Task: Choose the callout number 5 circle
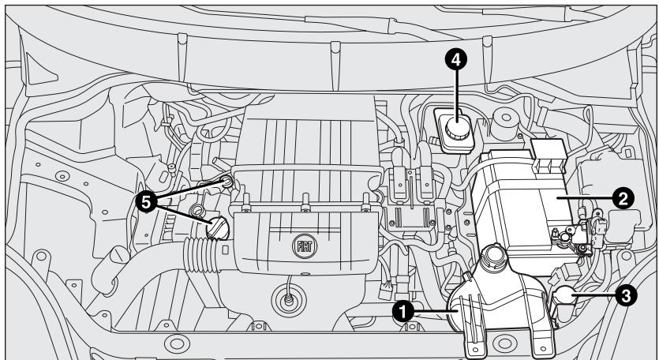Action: click(146, 201)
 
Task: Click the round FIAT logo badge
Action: click(305, 245)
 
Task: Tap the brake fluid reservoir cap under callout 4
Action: click(455, 129)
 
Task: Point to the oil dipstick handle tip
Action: click(228, 182)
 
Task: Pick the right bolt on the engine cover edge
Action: click(364, 209)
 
